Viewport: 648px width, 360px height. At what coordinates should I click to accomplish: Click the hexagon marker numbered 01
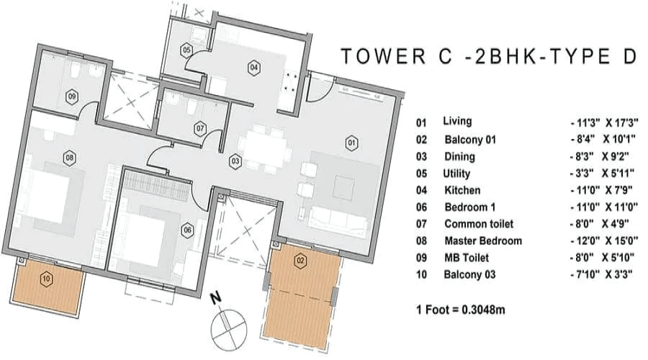click(x=351, y=143)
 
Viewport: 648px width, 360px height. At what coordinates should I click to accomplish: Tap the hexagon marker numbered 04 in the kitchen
click(x=253, y=67)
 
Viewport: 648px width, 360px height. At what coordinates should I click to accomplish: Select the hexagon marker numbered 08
click(x=69, y=158)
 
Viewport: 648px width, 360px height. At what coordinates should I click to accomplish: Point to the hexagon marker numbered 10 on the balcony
click(x=46, y=279)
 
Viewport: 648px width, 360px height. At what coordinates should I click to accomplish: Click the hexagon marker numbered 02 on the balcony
click(x=300, y=261)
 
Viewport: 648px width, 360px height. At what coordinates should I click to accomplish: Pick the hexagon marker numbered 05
click(x=186, y=50)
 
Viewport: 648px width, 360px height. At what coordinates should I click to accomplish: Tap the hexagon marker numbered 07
click(x=200, y=129)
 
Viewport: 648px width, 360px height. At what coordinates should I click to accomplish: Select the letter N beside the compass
click(x=216, y=298)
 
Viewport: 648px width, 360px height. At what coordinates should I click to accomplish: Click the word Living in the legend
click(x=457, y=121)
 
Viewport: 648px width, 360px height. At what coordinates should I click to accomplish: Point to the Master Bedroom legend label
click(x=483, y=240)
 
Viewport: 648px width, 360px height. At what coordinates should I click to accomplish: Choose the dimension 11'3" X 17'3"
click(x=603, y=122)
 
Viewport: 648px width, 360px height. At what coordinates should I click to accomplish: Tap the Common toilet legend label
click(x=479, y=224)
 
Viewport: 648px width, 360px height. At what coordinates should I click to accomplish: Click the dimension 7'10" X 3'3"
click(x=602, y=274)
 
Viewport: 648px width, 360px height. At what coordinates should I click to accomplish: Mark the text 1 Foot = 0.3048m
click(x=460, y=310)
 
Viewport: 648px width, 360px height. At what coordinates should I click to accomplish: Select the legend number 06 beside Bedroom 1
click(x=421, y=207)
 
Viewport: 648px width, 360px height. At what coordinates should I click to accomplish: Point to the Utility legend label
click(x=456, y=174)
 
